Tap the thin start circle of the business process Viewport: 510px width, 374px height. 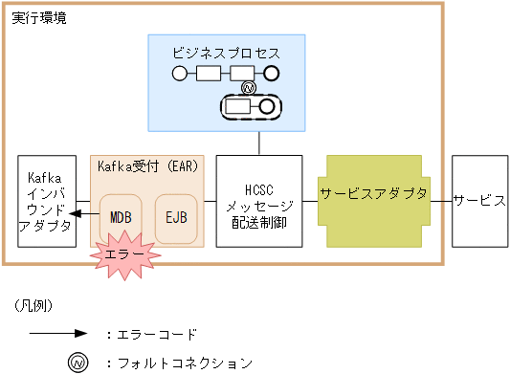point(178,73)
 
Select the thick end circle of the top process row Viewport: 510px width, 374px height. point(271,73)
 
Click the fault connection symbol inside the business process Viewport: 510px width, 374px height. point(248,88)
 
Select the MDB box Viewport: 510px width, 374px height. point(121,216)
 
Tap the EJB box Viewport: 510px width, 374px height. point(176,216)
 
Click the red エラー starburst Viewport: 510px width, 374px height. point(122,258)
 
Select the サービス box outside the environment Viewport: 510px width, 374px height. point(478,201)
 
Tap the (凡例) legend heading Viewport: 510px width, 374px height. point(33,306)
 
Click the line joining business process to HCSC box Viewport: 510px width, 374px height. point(259,143)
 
